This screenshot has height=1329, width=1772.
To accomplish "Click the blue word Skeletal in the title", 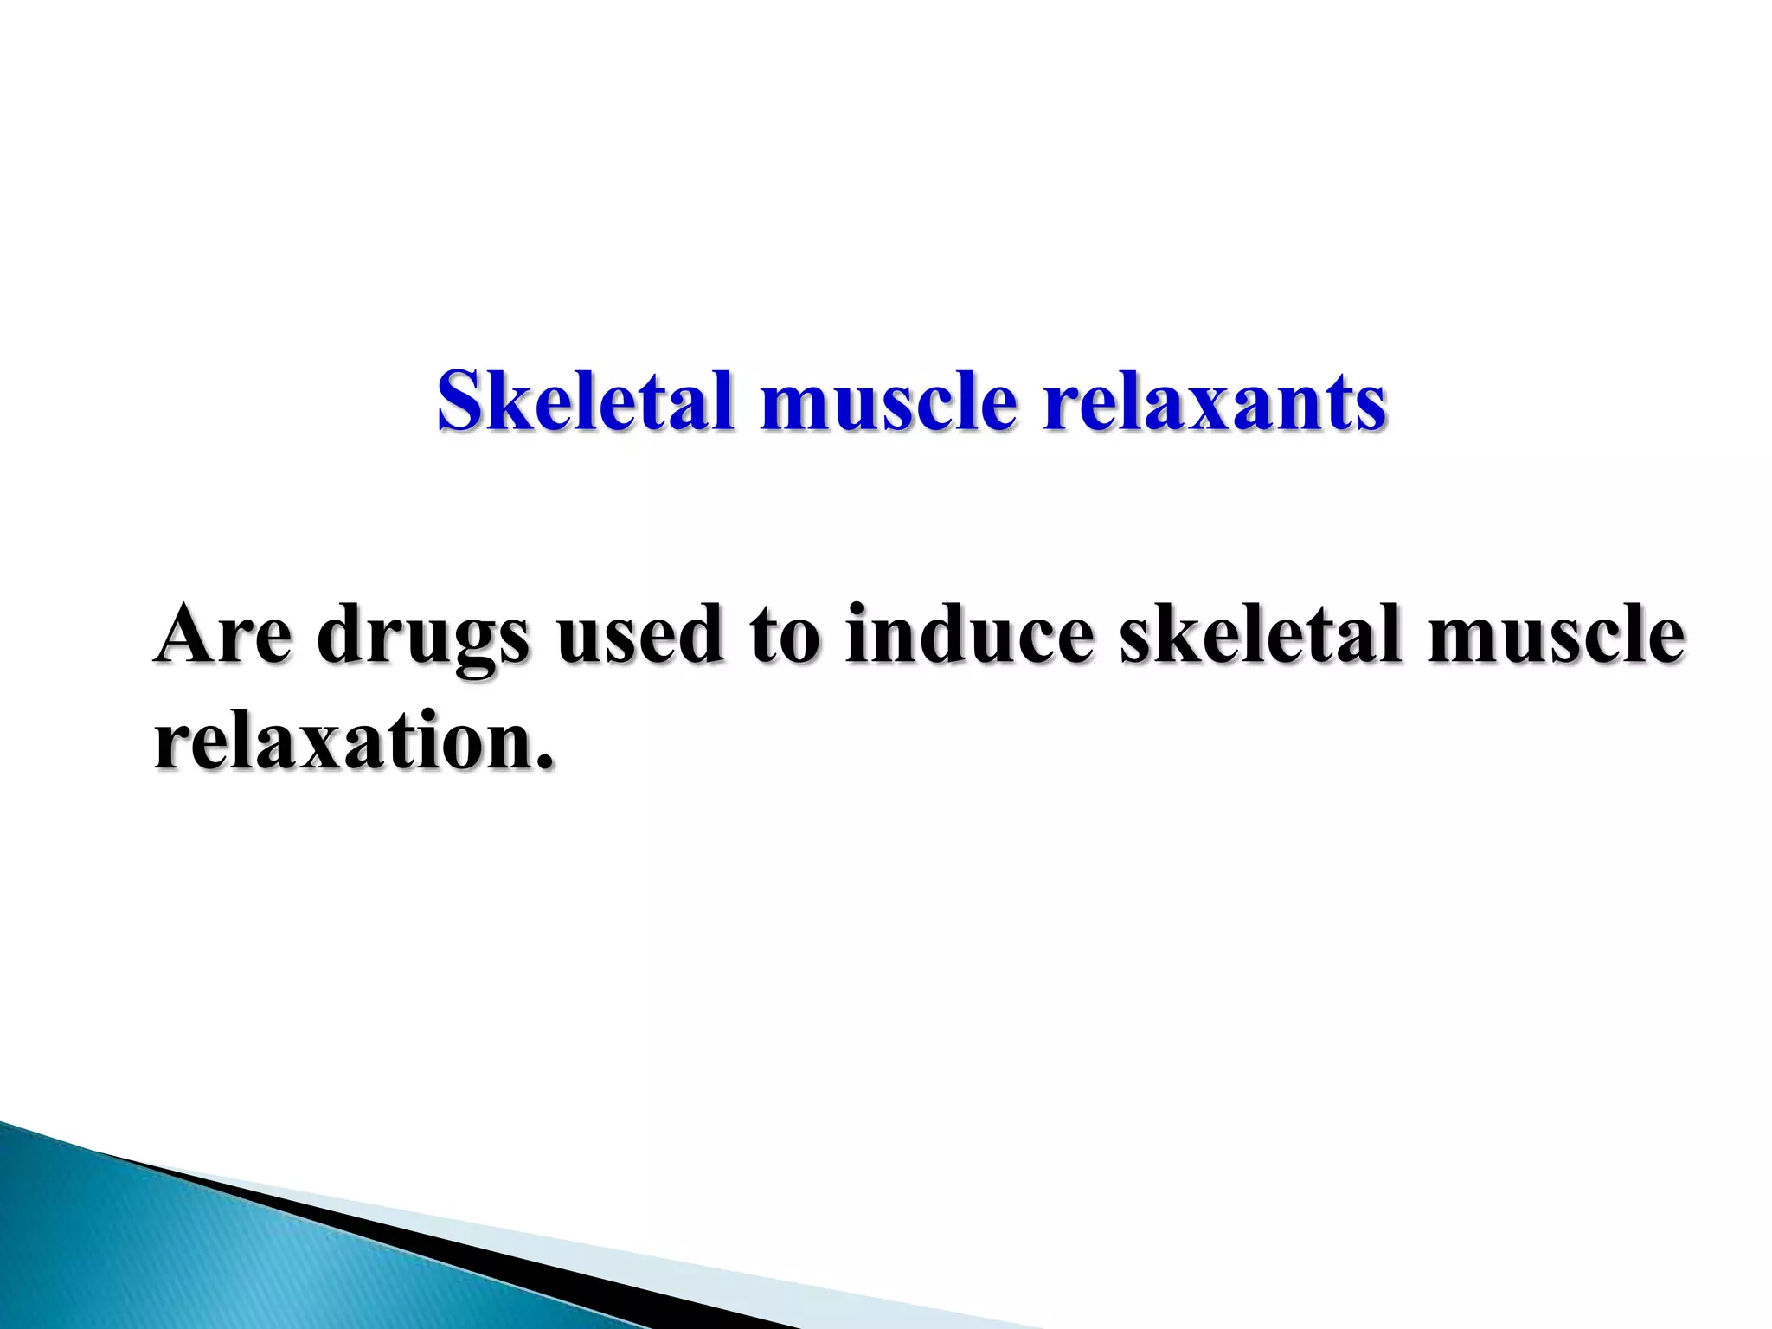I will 585,401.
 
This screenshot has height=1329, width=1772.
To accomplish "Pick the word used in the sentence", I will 639,635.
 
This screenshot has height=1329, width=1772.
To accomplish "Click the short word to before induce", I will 784,637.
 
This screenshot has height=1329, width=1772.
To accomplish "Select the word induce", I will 969,635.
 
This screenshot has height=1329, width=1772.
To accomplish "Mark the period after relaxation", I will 544,761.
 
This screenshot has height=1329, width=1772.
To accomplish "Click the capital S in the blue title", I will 458,401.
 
